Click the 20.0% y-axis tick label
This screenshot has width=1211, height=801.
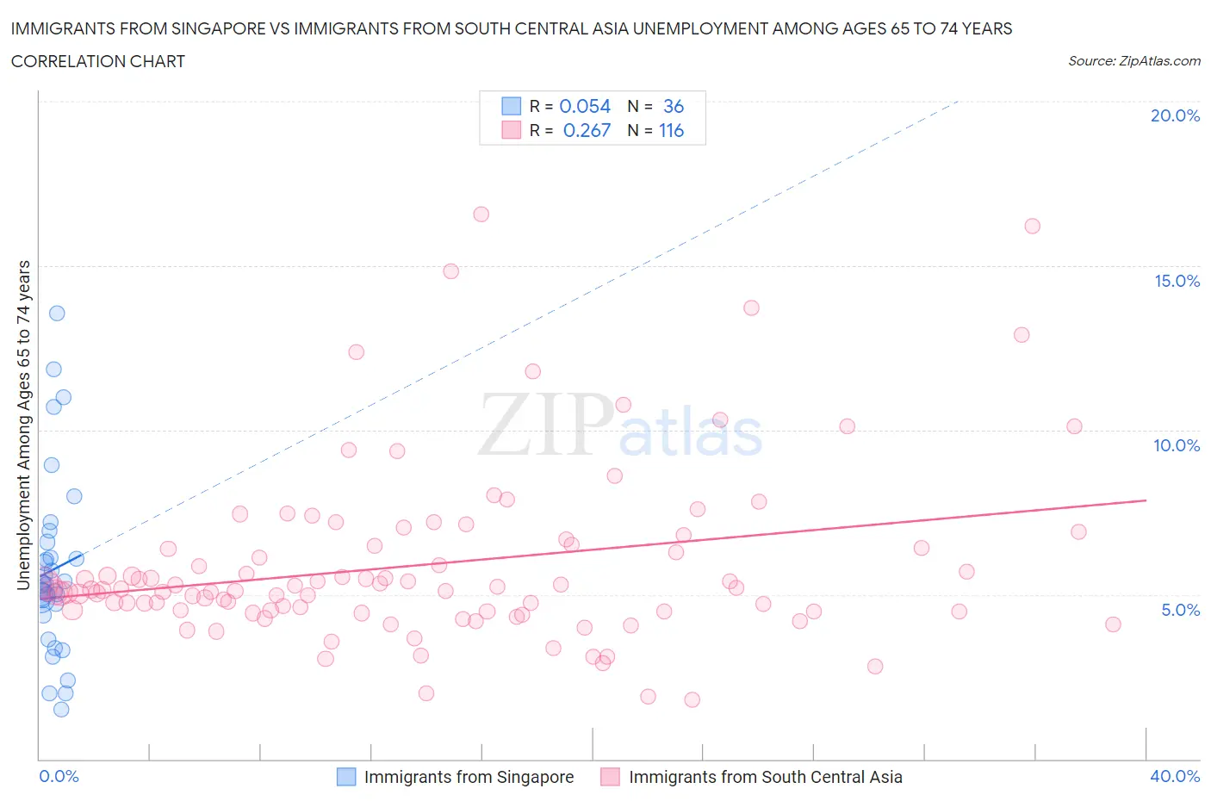click(x=1175, y=115)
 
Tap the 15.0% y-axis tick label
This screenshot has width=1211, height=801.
click(x=1177, y=281)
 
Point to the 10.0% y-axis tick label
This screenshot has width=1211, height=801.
click(x=1177, y=445)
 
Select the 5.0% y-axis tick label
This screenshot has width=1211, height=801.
click(x=1180, y=610)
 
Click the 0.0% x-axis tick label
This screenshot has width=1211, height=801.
click(x=59, y=776)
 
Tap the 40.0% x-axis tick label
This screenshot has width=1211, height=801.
click(x=1175, y=776)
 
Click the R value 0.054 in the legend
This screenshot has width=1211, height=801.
click(x=585, y=106)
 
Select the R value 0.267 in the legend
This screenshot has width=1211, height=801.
click(x=587, y=130)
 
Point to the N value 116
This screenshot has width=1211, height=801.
click(x=671, y=130)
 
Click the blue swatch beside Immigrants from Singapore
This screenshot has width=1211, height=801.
click(x=345, y=777)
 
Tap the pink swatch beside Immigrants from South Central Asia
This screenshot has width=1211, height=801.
click(x=611, y=777)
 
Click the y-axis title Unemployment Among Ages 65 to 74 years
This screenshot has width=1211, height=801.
click(x=23, y=425)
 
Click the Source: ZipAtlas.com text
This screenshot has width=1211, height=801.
click(x=1133, y=60)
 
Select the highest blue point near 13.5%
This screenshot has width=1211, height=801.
click(x=57, y=313)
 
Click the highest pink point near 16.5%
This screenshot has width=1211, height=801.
click(x=481, y=214)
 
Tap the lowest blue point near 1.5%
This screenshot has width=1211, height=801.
click(x=61, y=709)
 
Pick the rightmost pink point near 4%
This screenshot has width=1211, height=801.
click(x=1113, y=624)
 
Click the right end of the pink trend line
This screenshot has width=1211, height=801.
click(x=1146, y=500)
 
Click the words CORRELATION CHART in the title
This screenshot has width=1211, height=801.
click(x=98, y=61)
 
